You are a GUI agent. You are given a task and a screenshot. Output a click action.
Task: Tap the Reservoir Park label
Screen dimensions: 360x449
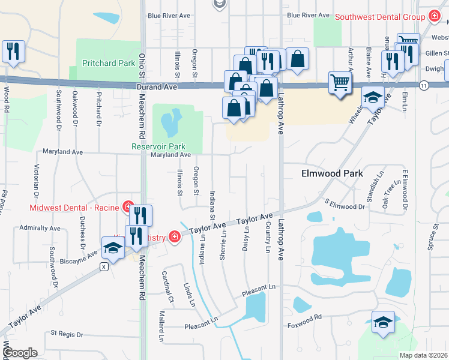coord(158,146)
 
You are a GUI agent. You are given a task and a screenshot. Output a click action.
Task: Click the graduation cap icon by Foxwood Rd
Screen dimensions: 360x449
coord(383,322)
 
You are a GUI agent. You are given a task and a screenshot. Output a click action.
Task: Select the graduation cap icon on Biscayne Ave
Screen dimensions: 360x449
coord(113,247)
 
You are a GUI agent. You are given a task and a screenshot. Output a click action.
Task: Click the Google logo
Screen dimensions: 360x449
coord(20,353)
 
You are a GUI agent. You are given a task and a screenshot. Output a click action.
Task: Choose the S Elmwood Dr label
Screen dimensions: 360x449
coord(345,204)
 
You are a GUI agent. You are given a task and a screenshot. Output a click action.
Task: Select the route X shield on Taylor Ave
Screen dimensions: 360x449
coord(104,266)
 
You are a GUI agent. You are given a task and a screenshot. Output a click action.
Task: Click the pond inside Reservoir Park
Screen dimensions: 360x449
coord(170,123)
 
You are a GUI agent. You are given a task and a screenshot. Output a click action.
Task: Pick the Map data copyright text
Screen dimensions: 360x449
coord(423,355)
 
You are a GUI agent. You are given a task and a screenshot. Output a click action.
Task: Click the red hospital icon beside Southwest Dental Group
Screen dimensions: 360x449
coord(434,16)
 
